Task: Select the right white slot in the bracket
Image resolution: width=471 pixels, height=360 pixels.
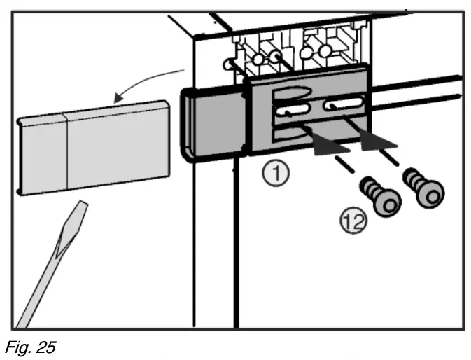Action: [346, 107]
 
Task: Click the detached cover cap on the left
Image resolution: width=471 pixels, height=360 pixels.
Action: [91, 146]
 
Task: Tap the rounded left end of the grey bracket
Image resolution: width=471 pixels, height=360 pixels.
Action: [190, 127]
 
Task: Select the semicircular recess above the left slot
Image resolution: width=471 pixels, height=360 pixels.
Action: [294, 91]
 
